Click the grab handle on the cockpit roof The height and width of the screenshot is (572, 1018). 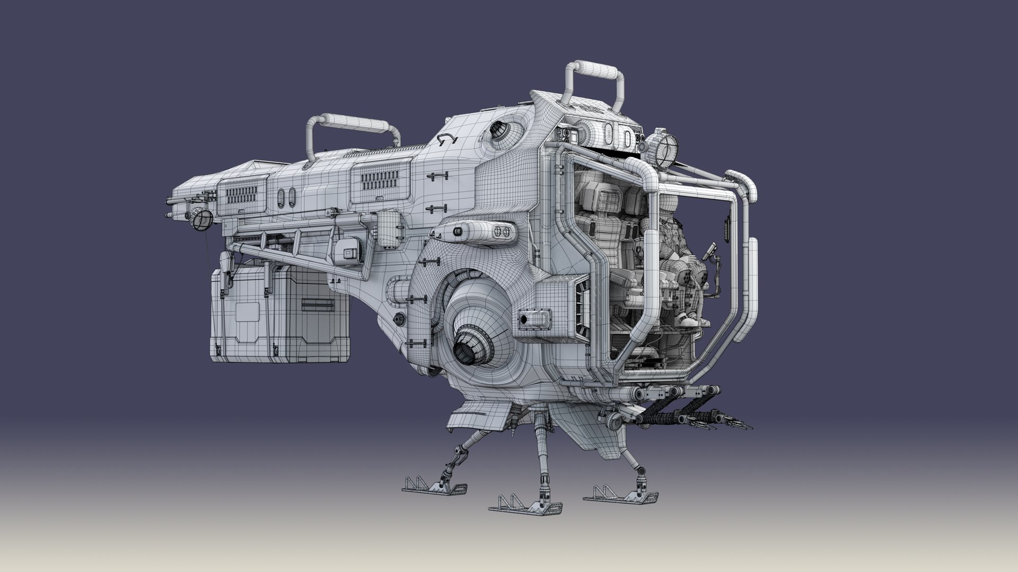click(x=594, y=74)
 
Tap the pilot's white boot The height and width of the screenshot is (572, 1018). click(x=689, y=320)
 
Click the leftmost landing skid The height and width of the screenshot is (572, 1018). click(x=435, y=488)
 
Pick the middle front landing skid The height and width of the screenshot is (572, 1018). click(x=525, y=509)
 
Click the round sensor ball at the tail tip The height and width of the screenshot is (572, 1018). click(x=201, y=219)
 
